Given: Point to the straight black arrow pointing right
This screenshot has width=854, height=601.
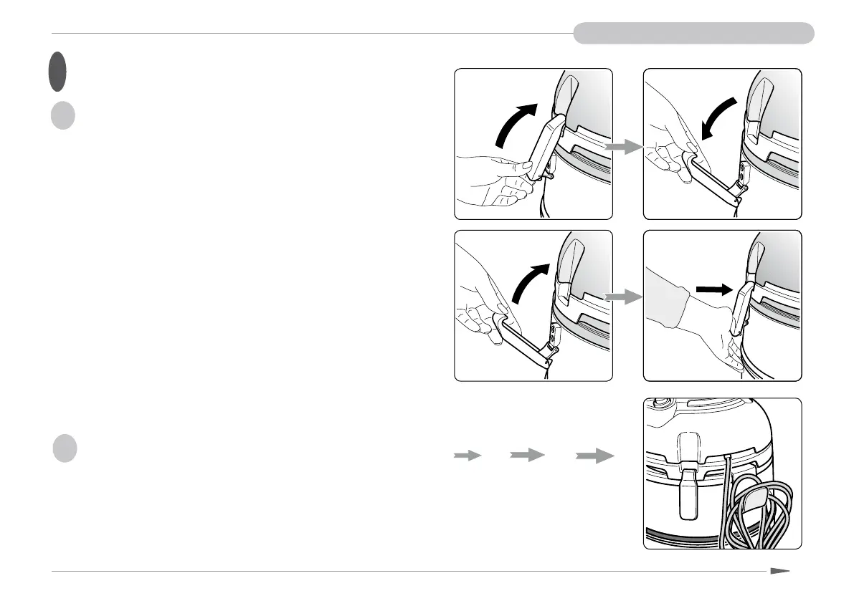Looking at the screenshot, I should tap(714, 289).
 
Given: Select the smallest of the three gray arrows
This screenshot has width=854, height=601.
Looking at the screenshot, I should tap(468, 456).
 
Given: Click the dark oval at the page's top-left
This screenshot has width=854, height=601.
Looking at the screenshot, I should tap(58, 72).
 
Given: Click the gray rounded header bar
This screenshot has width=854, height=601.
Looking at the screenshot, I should tap(693, 33).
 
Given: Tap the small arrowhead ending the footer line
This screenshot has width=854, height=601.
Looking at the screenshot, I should tap(780, 572).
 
